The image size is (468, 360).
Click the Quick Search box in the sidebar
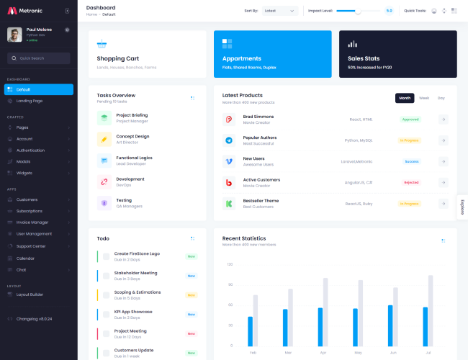click(x=39, y=58)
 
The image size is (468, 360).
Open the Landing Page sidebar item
click(x=30, y=101)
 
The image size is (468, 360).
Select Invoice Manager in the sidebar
click(x=32, y=222)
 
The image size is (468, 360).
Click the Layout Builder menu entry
click(x=30, y=294)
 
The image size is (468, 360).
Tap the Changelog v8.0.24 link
click(x=34, y=318)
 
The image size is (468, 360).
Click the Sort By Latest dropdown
click(x=280, y=11)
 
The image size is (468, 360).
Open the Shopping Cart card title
click(x=118, y=58)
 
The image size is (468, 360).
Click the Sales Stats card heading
click(x=364, y=58)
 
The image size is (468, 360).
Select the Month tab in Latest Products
click(x=405, y=98)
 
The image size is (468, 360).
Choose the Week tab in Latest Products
click(x=424, y=98)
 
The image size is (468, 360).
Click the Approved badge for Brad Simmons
click(x=410, y=120)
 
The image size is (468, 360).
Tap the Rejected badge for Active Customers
click(x=411, y=182)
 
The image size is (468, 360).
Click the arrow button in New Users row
click(x=444, y=161)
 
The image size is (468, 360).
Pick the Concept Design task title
click(x=132, y=136)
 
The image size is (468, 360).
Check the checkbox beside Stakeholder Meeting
click(x=107, y=276)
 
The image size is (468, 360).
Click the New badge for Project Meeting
click(x=191, y=333)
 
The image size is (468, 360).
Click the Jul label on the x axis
click(x=429, y=352)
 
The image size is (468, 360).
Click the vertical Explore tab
click(x=462, y=207)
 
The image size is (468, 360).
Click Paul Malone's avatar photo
click(x=14, y=34)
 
